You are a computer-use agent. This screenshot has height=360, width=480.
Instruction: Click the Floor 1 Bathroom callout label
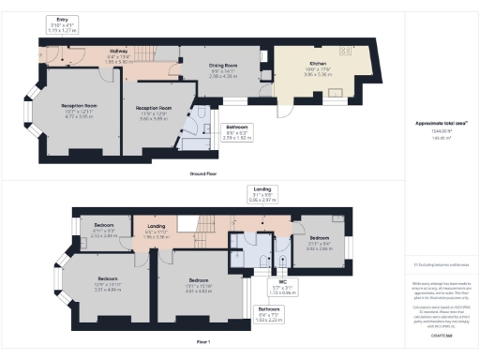(x=268, y=314)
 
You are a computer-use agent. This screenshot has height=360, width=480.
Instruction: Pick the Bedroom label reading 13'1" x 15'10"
(x=197, y=285)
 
